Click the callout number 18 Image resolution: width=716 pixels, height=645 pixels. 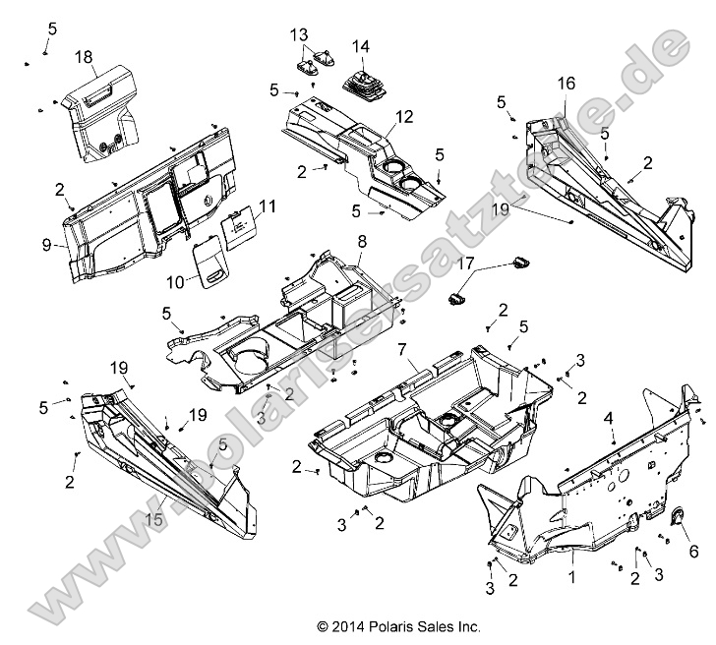tap(83, 57)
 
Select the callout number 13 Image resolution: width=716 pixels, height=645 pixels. tap(298, 35)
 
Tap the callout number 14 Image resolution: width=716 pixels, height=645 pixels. tap(361, 46)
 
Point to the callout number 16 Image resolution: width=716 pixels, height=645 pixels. tap(566, 83)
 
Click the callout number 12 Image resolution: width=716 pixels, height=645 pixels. tap(378, 116)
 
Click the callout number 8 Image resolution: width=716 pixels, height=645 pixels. tap(361, 240)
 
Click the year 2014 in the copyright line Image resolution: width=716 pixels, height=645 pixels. tap(353, 624)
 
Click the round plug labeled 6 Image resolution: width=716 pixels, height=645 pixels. tap(675, 521)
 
